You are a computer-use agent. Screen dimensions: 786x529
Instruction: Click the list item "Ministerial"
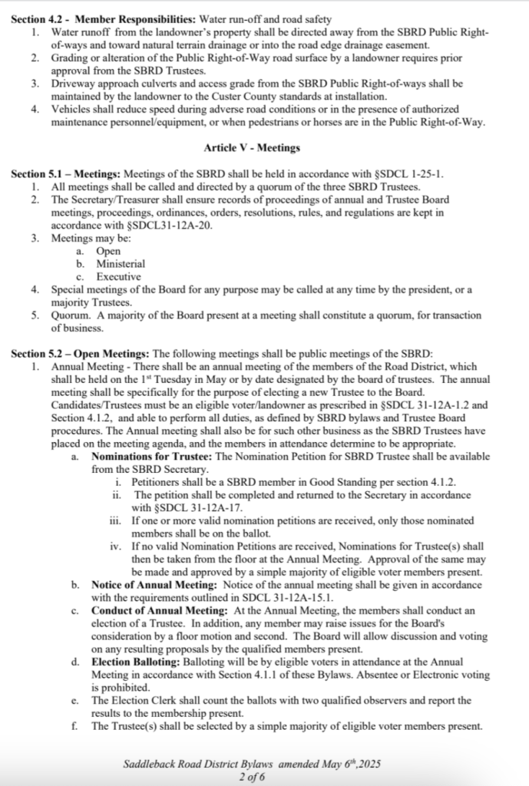121,264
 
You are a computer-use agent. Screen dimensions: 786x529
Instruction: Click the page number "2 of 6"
253,776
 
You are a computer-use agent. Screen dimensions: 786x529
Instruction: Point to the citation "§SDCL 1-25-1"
410,174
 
